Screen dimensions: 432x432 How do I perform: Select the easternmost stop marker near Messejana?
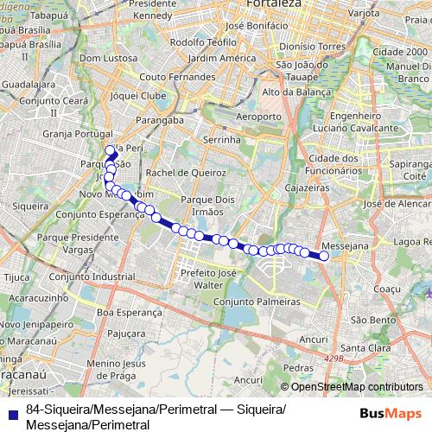(324, 256)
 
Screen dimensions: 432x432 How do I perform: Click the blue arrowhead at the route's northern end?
(112, 149)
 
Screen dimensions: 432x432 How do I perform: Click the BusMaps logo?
(391, 414)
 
